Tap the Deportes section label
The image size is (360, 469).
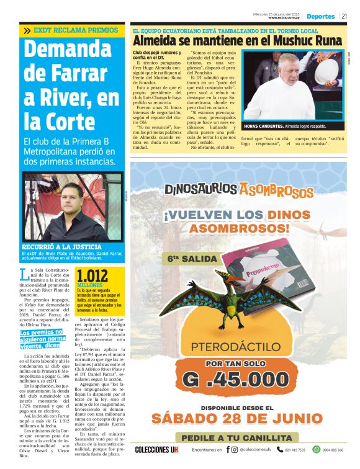pos(321,16)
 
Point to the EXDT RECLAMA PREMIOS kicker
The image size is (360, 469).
pos(71,30)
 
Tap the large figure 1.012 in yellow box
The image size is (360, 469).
pos(92,275)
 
